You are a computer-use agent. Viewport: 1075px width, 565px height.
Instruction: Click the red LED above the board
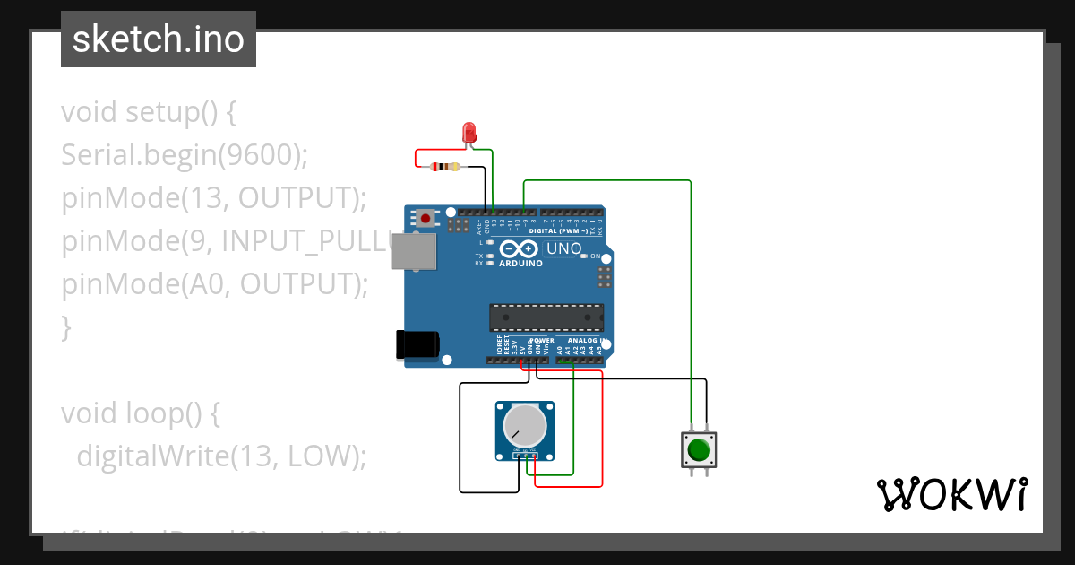(x=469, y=133)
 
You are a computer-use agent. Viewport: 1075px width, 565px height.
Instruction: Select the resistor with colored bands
(x=444, y=166)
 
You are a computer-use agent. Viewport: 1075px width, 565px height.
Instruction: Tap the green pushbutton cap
(x=699, y=448)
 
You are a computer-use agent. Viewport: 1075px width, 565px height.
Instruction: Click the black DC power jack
(x=417, y=345)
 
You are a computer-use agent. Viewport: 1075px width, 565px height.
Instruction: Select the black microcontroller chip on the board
(x=546, y=317)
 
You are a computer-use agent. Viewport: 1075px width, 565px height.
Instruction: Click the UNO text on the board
(x=564, y=248)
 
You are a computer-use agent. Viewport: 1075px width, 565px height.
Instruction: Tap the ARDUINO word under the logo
(x=520, y=264)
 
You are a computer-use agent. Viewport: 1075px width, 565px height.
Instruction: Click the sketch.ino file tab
(x=159, y=39)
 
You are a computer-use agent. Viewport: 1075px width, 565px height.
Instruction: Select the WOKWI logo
(x=951, y=494)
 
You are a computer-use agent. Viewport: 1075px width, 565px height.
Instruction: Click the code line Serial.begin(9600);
(x=185, y=155)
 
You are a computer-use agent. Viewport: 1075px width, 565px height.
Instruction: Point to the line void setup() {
(x=149, y=112)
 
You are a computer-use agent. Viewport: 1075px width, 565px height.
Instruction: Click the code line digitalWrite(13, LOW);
(x=221, y=456)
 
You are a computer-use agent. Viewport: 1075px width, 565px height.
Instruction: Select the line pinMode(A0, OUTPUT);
(x=215, y=284)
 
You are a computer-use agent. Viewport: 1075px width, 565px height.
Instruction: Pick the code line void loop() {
(x=141, y=413)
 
